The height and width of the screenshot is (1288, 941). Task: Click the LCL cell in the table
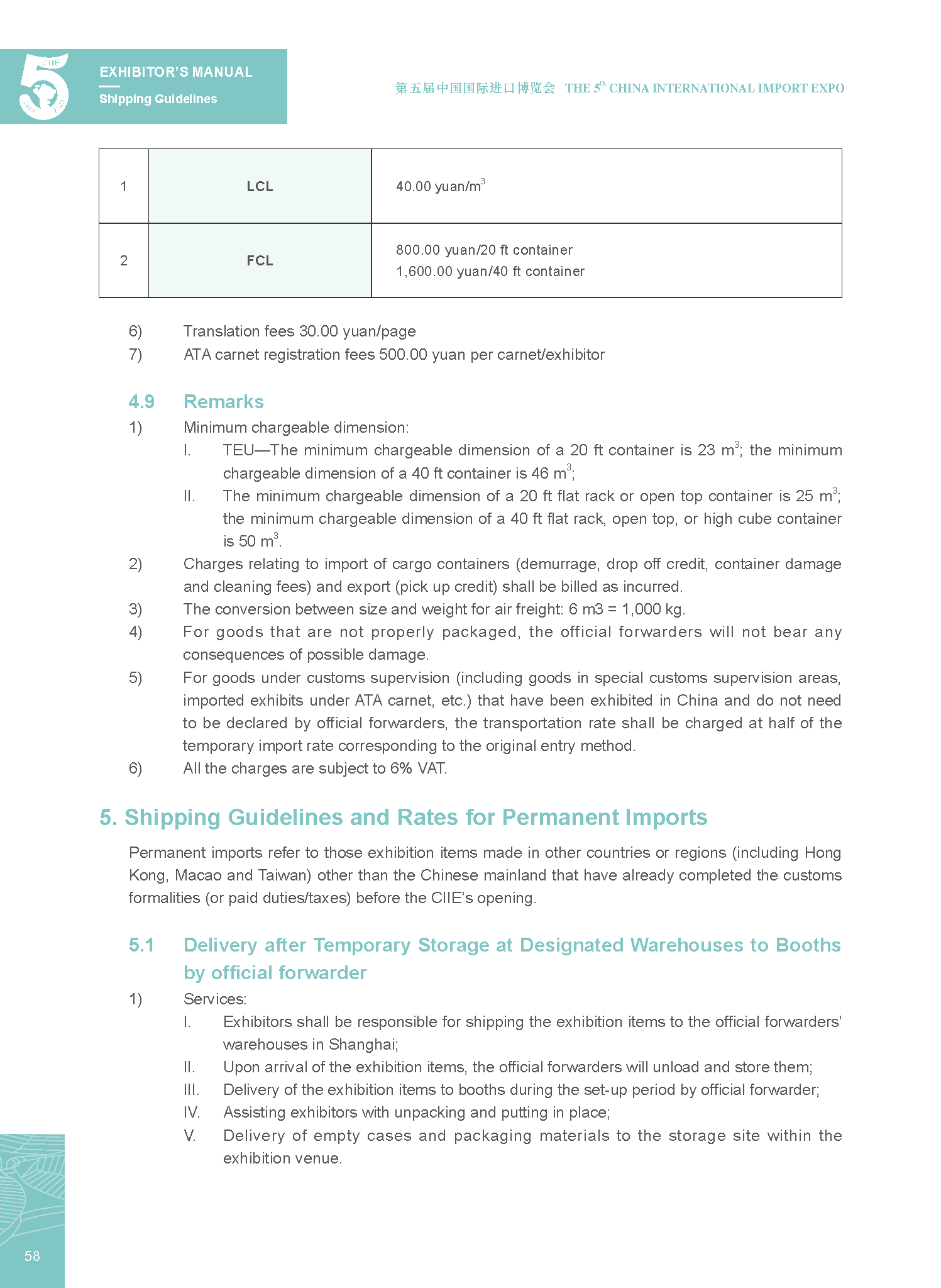click(260, 187)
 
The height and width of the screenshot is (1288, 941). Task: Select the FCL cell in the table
click(260, 261)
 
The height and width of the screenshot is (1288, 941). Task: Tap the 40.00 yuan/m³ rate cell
click(440, 186)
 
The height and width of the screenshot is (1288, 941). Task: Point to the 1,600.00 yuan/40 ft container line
click(490, 272)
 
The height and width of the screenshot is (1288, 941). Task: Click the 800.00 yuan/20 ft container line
click(484, 250)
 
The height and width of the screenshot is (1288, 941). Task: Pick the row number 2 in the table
click(124, 261)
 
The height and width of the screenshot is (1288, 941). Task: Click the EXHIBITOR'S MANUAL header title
click(176, 72)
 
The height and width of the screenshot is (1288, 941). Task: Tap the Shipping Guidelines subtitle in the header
click(158, 99)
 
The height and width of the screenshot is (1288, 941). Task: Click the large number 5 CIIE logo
click(44, 87)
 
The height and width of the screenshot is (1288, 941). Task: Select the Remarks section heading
click(223, 402)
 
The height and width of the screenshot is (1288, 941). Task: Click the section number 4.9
click(141, 402)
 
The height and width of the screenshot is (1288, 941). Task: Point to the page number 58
click(32, 1256)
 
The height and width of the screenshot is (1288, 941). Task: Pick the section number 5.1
click(141, 945)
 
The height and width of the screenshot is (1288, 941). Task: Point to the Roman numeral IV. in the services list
click(191, 1113)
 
